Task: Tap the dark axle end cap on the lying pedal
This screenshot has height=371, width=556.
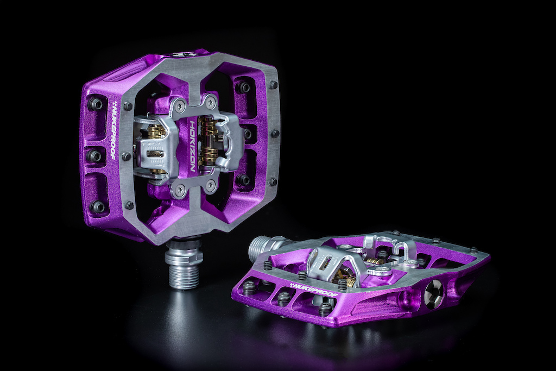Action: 433,294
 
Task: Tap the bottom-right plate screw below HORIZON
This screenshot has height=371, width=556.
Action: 210,185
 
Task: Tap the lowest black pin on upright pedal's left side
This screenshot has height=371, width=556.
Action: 98,206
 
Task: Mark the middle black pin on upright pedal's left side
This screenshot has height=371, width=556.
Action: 94,156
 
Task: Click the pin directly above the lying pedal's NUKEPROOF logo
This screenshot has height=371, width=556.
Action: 301,274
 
